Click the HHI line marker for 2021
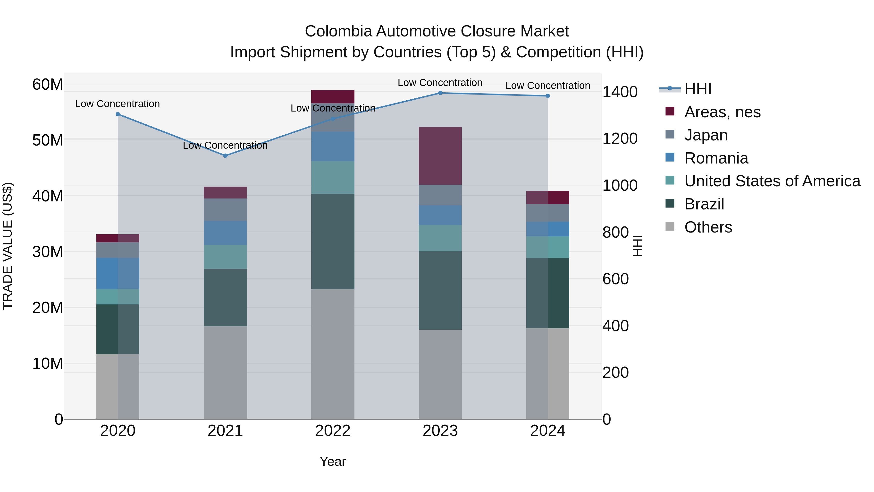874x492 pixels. tap(225, 155)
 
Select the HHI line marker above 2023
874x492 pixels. tap(440, 93)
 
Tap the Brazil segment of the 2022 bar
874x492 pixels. tap(333, 242)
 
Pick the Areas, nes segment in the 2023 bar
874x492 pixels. tap(440, 156)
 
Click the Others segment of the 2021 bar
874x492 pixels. tap(225, 372)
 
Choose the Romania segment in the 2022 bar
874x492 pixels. tap(333, 146)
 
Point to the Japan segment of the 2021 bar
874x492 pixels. tap(225, 209)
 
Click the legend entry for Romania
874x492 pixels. tap(716, 158)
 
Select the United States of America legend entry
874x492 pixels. tap(772, 181)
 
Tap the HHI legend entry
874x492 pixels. tap(697, 89)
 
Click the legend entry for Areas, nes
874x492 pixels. tap(722, 112)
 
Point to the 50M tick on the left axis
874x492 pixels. tap(48, 140)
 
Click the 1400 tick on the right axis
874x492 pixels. tap(620, 92)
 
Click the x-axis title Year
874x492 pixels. tap(333, 461)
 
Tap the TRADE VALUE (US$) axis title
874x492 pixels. tap(8, 246)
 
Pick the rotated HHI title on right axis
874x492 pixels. tap(638, 246)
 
